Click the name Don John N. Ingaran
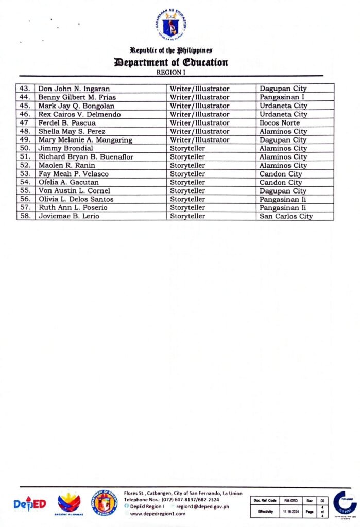coord(74,89)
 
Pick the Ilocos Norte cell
coord(280,123)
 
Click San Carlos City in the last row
coord(286,217)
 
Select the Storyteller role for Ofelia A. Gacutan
coord(188,183)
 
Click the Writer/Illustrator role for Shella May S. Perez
coord(200,132)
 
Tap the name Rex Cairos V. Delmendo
coord(77,114)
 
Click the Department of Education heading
coord(171,63)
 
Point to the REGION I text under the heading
coord(170,73)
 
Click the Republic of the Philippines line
coord(171,50)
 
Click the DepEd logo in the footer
coord(30,503)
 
